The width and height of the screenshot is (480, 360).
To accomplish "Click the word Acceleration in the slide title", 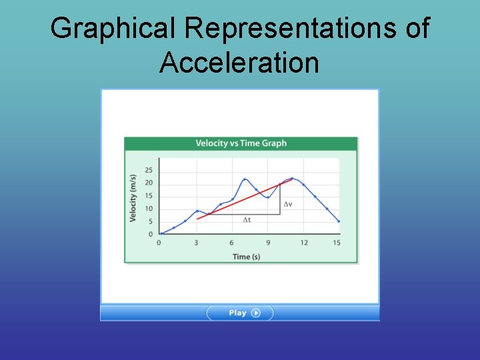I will click(x=239, y=63).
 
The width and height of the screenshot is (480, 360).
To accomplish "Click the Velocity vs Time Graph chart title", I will click(x=241, y=143).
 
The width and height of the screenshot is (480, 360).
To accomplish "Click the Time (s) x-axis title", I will click(x=246, y=257).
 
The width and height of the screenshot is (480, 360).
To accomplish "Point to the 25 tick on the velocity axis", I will click(x=149, y=170).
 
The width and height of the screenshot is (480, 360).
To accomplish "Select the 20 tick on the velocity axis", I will click(x=149, y=183).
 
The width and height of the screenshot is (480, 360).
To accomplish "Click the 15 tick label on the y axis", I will click(x=149, y=195).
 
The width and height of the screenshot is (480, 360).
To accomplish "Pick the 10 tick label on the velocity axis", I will click(x=149, y=209).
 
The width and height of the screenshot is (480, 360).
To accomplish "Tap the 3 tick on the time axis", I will click(x=196, y=243).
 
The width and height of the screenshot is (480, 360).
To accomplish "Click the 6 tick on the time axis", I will click(x=231, y=243).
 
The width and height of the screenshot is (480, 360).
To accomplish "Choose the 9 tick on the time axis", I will click(x=268, y=243).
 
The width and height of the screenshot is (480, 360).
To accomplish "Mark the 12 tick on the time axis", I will click(x=304, y=243).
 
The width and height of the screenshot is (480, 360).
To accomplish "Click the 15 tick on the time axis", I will click(x=337, y=243).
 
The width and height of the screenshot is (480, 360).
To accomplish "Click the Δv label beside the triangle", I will click(x=287, y=204).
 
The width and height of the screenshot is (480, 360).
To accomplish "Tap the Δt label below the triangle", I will click(x=247, y=220).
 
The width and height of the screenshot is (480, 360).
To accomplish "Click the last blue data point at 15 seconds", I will click(x=339, y=221).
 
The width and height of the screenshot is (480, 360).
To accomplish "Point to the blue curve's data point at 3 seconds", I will click(x=197, y=211).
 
